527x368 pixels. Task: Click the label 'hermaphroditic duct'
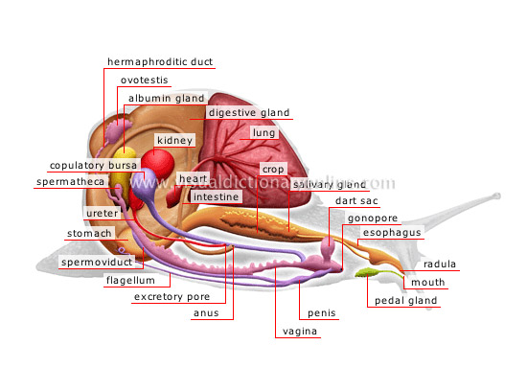coord(160,62)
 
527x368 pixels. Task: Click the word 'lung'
coord(263,133)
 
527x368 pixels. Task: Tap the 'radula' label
coord(440,264)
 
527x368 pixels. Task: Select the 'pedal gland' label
coord(404,300)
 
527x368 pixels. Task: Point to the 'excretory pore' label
coord(172,297)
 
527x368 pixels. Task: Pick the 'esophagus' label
coord(391,232)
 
